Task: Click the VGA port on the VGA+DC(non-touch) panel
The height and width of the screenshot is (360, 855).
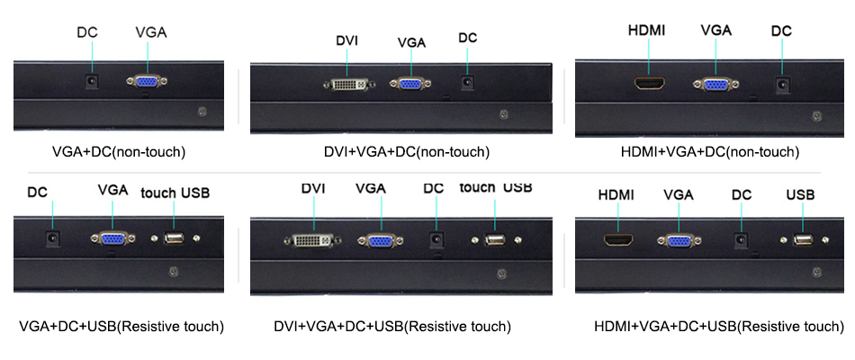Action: pyautogui.click(x=148, y=81)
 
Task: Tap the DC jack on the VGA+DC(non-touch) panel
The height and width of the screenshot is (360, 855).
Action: pyautogui.click(x=91, y=81)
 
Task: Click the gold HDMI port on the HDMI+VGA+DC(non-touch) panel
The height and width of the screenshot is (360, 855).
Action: pyautogui.click(x=650, y=84)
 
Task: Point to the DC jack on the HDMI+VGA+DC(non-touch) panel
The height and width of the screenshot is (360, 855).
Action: pyautogui.click(x=783, y=85)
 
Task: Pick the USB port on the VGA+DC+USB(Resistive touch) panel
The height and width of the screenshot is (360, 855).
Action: pyautogui.click(x=174, y=238)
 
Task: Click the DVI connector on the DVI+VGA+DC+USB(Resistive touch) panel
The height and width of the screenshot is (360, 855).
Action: pyautogui.click(x=314, y=240)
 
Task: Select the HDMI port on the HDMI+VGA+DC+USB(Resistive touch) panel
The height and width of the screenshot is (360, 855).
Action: pyautogui.click(x=618, y=239)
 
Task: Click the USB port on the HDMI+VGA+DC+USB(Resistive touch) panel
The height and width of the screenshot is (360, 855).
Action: pyautogui.click(x=803, y=240)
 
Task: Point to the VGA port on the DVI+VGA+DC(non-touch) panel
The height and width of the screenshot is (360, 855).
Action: pyautogui.click(x=411, y=84)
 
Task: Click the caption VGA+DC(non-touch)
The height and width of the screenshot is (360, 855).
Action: pyautogui.click(x=119, y=152)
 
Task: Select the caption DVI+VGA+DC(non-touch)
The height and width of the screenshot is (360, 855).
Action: pyautogui.click(x=406, y=151)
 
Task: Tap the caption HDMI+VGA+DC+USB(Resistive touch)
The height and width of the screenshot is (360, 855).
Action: pyautogui.click(x=719, y=327)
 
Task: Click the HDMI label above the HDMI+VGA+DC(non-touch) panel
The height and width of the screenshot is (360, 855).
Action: pyautogui.click(x=647, y=31)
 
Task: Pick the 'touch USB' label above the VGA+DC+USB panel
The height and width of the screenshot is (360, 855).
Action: pyautogui.click(x=175, y=193)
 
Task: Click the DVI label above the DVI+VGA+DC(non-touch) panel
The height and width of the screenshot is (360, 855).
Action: pyautogui.click(x=346, y=40)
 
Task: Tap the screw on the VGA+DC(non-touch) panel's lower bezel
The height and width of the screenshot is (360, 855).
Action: pyautogui.click(x=202, y=112)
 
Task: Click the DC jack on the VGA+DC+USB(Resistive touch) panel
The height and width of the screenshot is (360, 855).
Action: pyautogui.click(x=52, y=238)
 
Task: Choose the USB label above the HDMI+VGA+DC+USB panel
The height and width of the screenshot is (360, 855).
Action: pyautogui.click(x=800, y=194)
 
